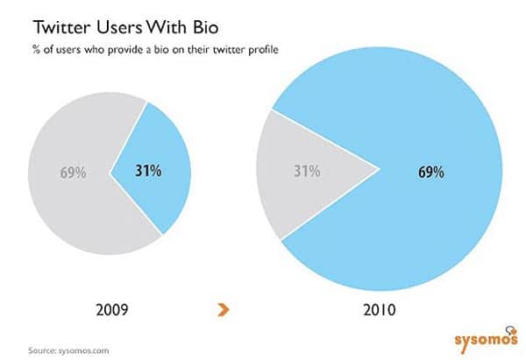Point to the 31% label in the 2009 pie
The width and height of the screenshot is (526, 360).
tap(148, 172)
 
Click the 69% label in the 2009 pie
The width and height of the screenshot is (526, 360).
tap(72, 173)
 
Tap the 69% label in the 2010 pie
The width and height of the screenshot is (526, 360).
tap(430, 173)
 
